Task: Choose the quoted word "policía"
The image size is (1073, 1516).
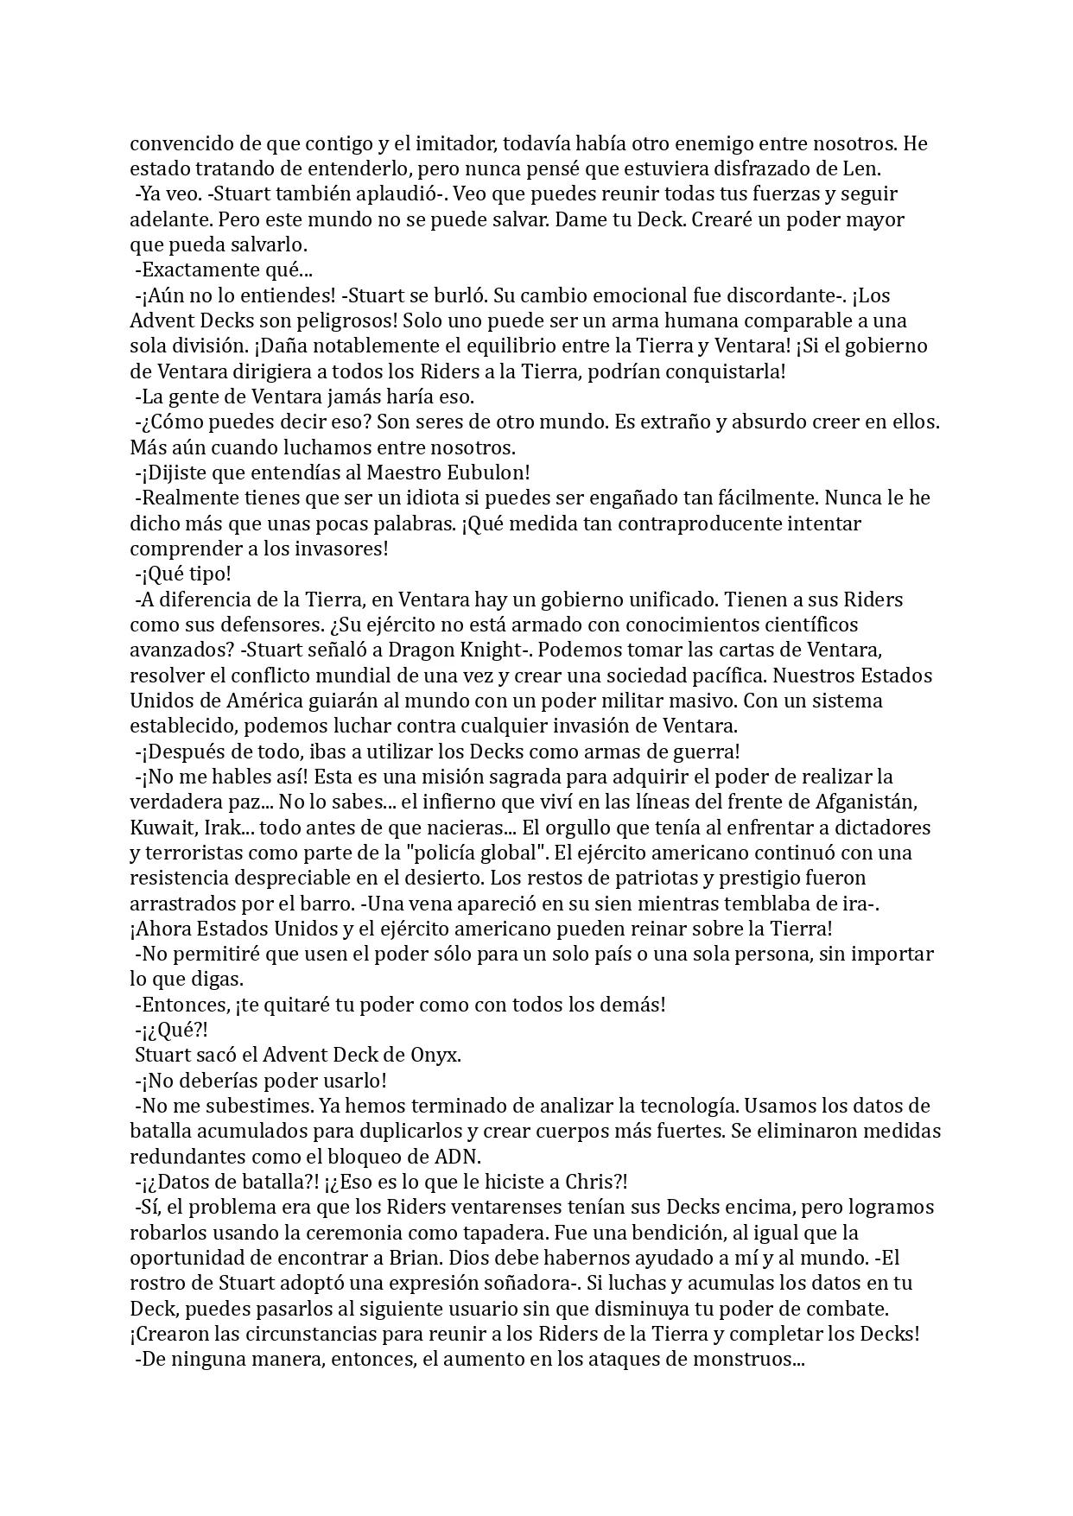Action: [x=500, y=853]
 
